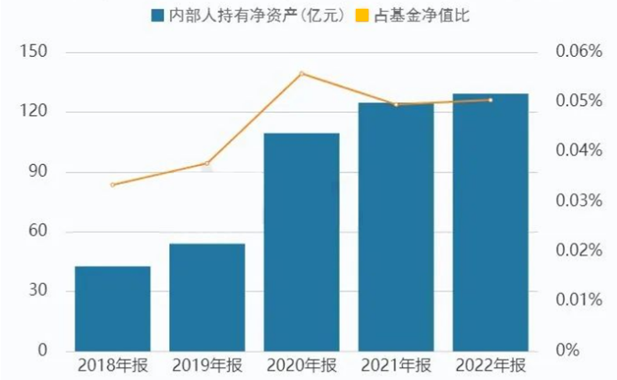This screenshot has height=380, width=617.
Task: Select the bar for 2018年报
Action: [112, 308]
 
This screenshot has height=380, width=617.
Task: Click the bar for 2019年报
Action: [207, 297]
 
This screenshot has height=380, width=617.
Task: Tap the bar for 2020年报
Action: [301, 242]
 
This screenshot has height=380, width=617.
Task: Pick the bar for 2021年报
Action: [396, 227]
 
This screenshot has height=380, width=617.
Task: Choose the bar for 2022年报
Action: [491, 222]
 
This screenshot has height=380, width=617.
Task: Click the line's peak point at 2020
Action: [301, 74]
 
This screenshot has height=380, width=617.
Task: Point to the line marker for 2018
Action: [112, 185]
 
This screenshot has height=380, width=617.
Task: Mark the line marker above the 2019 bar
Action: [207, 163]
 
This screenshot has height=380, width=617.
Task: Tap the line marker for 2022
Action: [491, 100]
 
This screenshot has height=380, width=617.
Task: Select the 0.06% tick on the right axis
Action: [578, 52]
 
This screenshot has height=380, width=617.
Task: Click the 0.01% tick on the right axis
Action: [578, 301]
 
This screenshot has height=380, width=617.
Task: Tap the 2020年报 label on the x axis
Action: [301, 367]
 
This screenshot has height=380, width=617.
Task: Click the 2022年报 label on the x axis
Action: [491, 367]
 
